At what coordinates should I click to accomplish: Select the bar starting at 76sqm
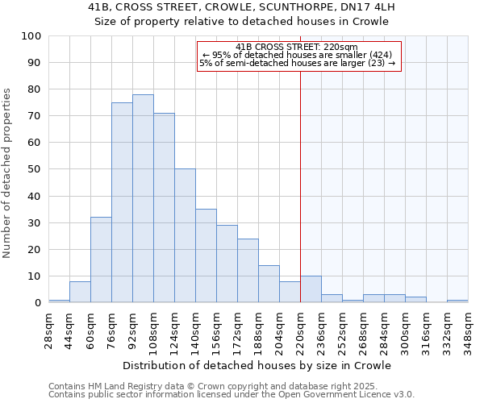point(122,202)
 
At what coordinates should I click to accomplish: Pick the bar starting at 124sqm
point(185,235)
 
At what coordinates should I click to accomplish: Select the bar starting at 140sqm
point(206,256)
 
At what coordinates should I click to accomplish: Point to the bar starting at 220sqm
point(311,289)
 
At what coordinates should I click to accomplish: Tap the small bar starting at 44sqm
point(80,292)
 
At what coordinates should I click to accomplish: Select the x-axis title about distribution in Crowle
point(258,365)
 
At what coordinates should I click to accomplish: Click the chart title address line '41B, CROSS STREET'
point(242,7)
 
